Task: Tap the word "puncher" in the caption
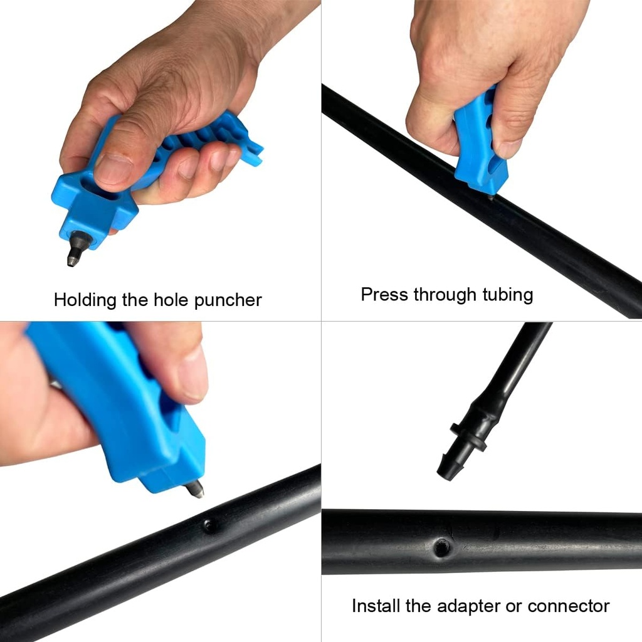tap(228, 300)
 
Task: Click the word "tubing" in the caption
tap(508, 294)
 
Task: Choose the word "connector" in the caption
tap(569, 606)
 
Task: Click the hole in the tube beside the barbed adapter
tap(443, 547)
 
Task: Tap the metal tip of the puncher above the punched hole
tap(195, 488)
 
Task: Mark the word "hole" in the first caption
tap(171, 300)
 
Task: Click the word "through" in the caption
tap(446, 294)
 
